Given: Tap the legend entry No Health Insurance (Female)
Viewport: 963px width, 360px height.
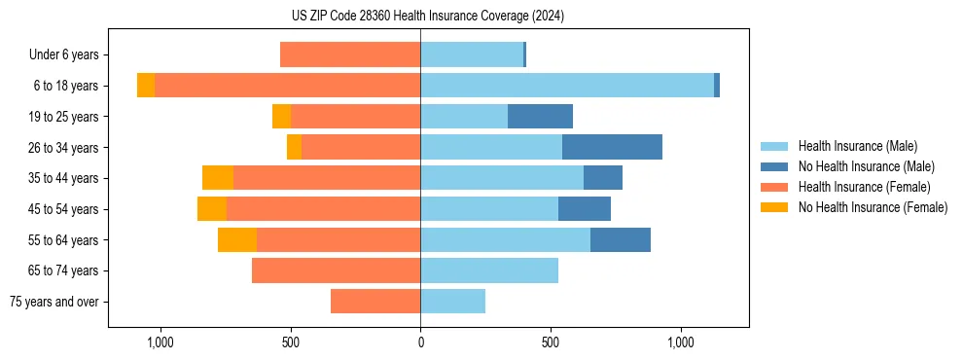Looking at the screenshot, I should point(873,207).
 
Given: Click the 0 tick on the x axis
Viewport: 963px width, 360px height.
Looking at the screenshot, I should point(420,342).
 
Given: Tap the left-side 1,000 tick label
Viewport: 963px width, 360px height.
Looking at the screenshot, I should point(160,342).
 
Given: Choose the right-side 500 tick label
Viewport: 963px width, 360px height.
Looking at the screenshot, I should point(551,342).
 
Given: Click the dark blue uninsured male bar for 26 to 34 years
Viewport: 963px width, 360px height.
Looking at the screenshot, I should point(612,147).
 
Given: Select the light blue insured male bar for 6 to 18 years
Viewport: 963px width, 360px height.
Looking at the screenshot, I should point(567,86).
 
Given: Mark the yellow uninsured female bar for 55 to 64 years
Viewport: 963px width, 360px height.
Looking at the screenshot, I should point(237,239).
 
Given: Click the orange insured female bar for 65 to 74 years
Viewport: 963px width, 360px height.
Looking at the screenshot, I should point(336,270).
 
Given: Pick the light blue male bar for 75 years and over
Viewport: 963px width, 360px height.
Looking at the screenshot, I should point(452,302).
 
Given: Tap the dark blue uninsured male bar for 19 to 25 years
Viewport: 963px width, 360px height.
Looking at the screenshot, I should point(540,117).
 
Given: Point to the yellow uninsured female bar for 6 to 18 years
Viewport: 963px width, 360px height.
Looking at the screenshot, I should point(146,86).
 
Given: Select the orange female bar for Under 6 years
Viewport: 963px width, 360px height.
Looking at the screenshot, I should point(350,54).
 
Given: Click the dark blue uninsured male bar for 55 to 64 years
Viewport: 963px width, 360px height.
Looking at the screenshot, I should point(621,239).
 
